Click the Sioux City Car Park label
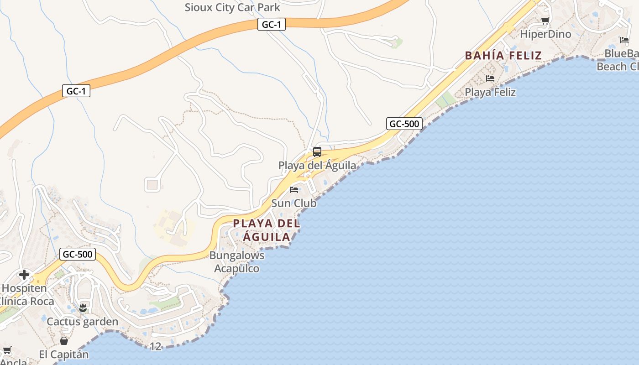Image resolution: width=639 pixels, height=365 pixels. coord(232,7)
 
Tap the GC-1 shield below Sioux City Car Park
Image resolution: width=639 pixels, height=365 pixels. coord(272,24)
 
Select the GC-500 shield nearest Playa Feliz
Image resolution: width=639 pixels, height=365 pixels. coord(404,124)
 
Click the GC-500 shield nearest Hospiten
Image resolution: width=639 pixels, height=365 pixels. coord(77,254)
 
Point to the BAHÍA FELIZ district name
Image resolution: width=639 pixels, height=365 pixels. coord(503,56)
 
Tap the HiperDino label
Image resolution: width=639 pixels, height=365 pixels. coord(545,34)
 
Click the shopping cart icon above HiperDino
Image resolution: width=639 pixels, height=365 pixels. coord(545,21)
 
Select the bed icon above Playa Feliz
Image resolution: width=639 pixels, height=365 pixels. coord(490,78)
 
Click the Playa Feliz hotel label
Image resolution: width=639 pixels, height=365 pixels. coord(490,92)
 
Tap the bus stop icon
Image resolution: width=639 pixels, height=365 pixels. coord(317,152)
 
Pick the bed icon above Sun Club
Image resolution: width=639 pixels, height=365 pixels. coord(294,189)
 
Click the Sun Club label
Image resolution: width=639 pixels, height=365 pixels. coord(294,203)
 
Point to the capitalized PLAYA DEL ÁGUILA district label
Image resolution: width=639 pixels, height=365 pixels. coord(267,230)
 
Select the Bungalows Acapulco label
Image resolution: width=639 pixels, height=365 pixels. coord(237,262)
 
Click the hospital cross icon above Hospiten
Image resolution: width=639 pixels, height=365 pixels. coord(24,275)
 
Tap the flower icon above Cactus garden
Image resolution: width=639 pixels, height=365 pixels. coord(83,308)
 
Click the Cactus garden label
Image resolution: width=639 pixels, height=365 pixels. coord(83,322)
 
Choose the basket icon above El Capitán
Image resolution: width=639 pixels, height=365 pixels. coord(64,341)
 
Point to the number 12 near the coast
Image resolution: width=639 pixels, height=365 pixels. coord(156,347)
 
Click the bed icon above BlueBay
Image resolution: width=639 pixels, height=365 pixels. coord(624,40)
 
